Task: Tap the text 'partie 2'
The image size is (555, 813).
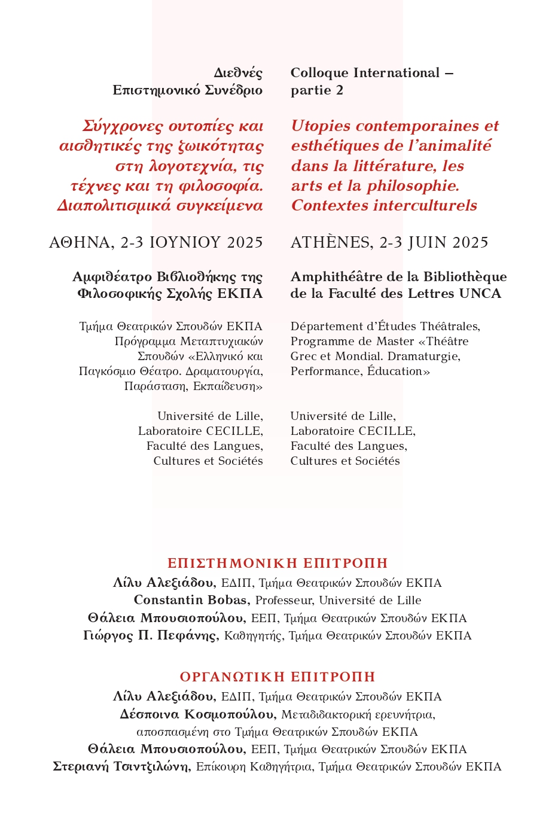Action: coord(317,90)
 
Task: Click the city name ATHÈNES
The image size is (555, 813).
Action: coord(331,242)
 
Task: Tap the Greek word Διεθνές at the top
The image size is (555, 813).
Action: coord(238,74)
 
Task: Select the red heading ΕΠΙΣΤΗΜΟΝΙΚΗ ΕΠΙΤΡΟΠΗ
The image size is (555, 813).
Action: coord(277,564)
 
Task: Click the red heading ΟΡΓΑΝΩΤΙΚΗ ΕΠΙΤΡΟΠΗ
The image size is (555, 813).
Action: coord(277,677)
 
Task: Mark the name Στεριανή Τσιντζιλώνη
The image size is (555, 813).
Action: coord(121,767)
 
